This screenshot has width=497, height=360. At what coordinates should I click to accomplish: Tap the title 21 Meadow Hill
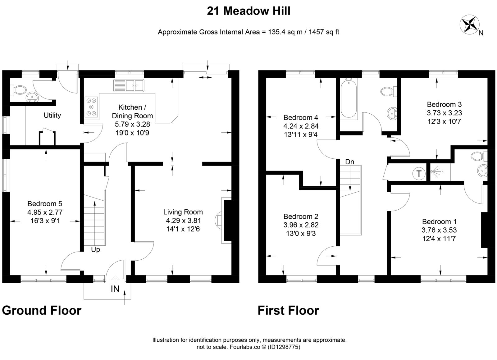click(248, 11)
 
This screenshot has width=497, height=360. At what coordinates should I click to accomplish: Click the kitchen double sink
click(129, 85)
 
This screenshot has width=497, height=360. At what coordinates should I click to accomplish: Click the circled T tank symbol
click(419, 173)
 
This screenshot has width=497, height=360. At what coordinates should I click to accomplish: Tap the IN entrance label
click(115, 289)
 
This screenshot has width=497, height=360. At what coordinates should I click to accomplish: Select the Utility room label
click(52, 115)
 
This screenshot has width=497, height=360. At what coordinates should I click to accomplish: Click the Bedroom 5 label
click(45, 204)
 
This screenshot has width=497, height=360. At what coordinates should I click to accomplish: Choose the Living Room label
click(183, 212)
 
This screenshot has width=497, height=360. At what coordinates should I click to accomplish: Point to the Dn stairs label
click(350, 162)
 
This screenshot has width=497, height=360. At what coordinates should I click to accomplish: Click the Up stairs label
click(95, 250)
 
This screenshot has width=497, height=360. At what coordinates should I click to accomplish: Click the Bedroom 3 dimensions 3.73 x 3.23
click(445, 113)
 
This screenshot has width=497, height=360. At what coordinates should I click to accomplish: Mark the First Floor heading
click(288, 311)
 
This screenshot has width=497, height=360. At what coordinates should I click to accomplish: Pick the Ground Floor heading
click(42, 311)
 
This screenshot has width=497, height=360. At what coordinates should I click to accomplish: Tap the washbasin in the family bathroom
click(392, 114)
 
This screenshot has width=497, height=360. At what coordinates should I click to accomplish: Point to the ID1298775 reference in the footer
click(284, 347)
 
